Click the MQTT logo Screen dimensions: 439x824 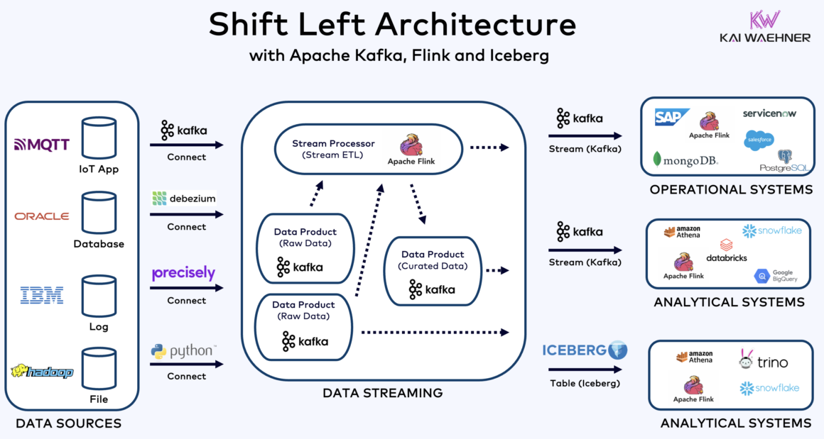pyautogui.click(x=42, y=145)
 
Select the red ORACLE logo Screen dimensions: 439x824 pyautogui.click(x=42, y=216)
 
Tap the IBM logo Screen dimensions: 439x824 pyautogui.click(x=42, y=295)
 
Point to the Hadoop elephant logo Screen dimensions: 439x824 pyautogui.click(x=42, y=371)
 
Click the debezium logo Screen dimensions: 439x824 pyautogui.click(x=183, y=199)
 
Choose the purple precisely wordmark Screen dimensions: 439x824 pyautogui.click(x=183, y=273)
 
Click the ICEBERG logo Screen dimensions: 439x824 pyautogui.click(x=585, y=350)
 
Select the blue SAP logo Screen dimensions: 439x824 pyautogui.click(x=671, y=117)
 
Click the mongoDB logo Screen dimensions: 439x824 pyautogui.click(x=685, y=160)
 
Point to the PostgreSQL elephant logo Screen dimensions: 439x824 pyautogui.click(x=784, y=160)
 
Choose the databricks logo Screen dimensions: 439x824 pyautogui.click(x=727, y=251)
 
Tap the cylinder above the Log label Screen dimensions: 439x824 pyautogui.click(x=99, y=296)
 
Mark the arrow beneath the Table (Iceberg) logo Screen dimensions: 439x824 pyautogui.click(x=585, y=369)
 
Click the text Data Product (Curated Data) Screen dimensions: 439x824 pyautogui.click(x=433, y=260)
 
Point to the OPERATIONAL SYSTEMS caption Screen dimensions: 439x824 pyautogui.click(x=731, y=190)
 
